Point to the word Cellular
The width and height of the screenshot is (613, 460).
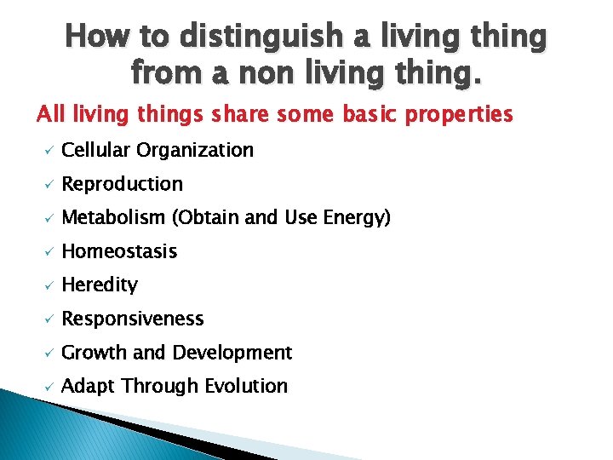click(x=95, y=150)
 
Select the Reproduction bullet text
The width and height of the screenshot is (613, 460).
click(x=123, y=184)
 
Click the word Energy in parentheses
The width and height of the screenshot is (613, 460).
click(x=358, y=218)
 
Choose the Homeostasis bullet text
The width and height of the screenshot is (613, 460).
click(x=119, y=251)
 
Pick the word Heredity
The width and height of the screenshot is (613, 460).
click(x=100, y=285)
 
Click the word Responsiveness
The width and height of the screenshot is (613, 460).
click(x=133, y=319)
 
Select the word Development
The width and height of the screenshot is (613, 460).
click(x=232, y=352)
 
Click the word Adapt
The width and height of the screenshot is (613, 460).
click(x=89, y=387)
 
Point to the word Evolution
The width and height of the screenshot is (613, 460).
click(x=245, y=386)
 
